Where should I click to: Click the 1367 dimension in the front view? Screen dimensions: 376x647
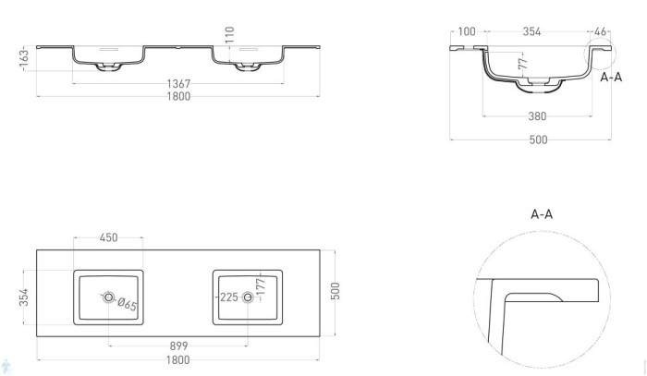179,84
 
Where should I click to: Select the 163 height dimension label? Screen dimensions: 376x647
25,57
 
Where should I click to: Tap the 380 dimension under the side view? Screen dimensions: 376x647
537,116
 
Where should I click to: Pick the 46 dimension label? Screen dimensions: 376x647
600,32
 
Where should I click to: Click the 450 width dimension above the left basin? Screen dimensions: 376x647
108,239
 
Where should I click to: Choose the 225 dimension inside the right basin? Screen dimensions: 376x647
229,298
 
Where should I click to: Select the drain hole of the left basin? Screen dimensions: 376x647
109,298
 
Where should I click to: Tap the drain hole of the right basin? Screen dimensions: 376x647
248,298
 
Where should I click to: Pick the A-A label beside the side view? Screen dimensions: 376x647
610,79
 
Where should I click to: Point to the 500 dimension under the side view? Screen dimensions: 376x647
537,139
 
